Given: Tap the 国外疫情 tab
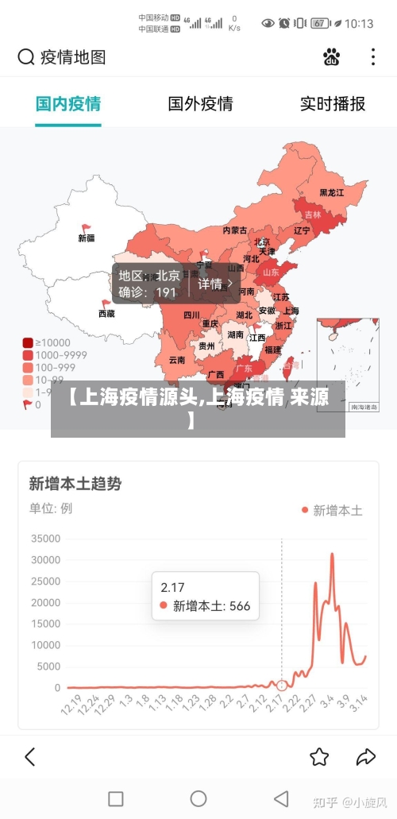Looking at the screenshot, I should [x=200, y=104].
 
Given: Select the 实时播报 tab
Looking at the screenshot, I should [x=332, y=104].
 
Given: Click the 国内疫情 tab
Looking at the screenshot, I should [x=68, y=104].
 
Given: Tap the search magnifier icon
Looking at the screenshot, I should [x=26, y=57].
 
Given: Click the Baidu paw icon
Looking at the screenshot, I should [x=332, y=57].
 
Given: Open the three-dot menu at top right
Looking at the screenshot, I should [x=373, y=57].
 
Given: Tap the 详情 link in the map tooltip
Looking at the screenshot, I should [x=215, y=284].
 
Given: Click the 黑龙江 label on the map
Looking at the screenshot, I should [x=332, y=192].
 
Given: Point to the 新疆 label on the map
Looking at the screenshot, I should [x=87, y=238].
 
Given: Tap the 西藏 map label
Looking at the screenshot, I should [x=106, y=314].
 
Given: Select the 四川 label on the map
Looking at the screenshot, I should [x=191, y=315].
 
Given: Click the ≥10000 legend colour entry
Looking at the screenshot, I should [x=28, y=342].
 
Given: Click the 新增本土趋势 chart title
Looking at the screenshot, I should [x=75, y=484].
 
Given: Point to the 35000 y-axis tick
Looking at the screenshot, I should [x=46, y=539].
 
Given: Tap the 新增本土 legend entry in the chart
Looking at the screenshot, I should [x=332, y=511].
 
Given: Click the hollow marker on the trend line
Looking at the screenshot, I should [x=282, y=685].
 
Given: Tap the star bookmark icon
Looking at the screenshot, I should [x=319, y=756].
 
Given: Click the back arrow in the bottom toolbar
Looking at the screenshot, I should [x=30, y=756].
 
